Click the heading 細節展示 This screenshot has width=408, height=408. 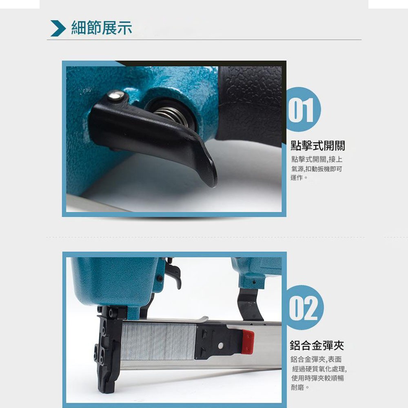102,28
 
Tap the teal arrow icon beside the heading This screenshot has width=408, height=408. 58,28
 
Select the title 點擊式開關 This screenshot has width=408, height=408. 317,146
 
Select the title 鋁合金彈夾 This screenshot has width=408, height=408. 317,346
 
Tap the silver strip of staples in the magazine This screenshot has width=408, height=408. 159,340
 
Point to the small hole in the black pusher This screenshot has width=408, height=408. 220,345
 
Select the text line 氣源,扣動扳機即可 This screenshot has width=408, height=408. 316,169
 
